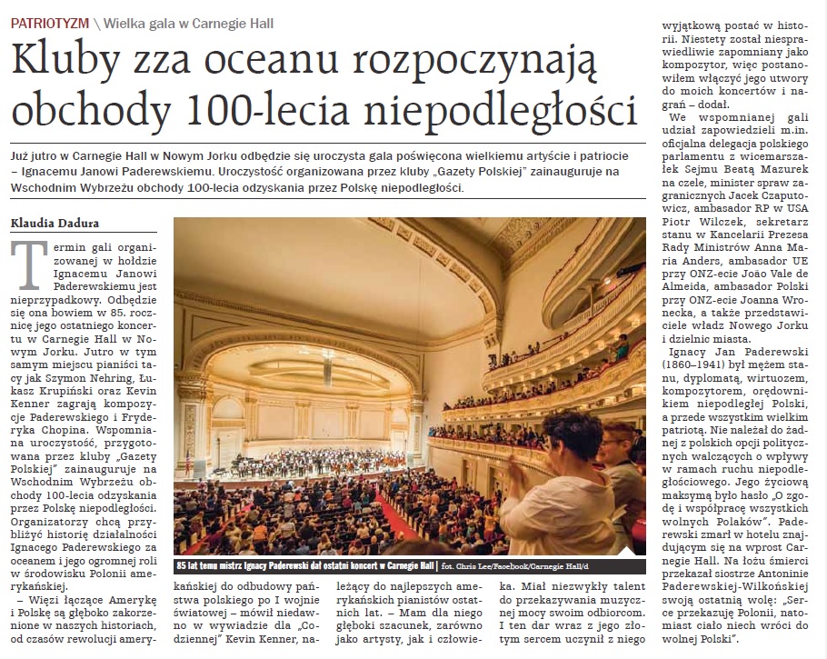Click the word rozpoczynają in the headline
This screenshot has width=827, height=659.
coord(481,65)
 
